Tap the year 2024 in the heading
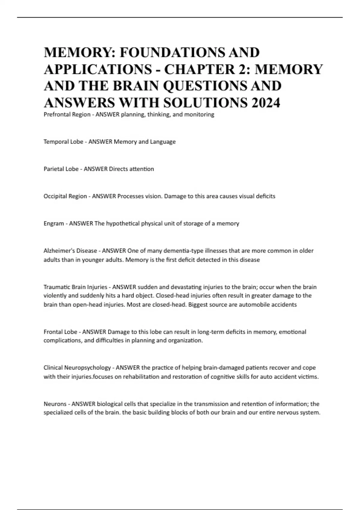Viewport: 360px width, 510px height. (265, 103)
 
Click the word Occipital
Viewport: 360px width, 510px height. (55, 196)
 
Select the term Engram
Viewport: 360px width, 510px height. (53, 223)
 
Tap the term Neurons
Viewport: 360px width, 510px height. (55, 404)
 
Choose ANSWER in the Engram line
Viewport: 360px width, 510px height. (81, 223)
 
